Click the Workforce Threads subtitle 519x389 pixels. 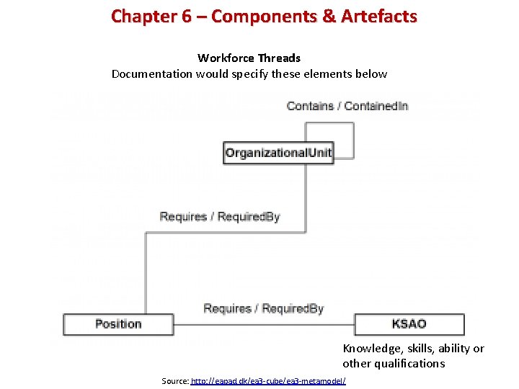tap(249, 58)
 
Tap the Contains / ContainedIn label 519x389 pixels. tap(347, 106)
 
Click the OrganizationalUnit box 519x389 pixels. tap(278, 153)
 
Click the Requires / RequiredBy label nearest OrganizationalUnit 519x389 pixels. tap(219, 216)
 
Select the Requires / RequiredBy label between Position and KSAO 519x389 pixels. tap(263, 308)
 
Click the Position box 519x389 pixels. tap(118, 324)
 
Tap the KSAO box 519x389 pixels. tap(409, 324)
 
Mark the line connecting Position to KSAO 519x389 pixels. tap(263, 324)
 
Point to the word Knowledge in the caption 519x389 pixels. tap(370, 349)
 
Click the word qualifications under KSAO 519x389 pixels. tap(409, 364)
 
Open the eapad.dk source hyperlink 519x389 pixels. tap(268, 380)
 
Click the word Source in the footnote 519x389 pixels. tap(175, 380)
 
